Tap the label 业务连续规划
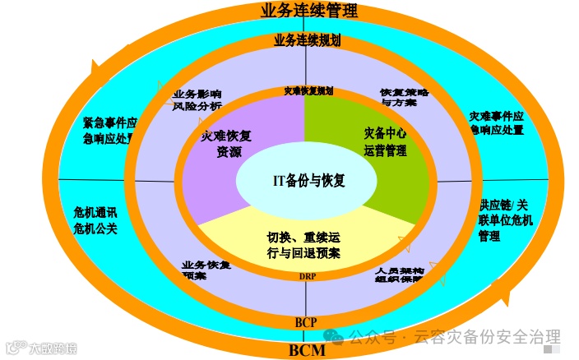tap(307, 39)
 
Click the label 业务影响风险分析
tap(197, 99)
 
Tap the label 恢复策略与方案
tap(405, 97)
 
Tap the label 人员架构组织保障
tap(400, 274)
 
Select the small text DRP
tap(305, 277)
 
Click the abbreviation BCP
tap(306, 321)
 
